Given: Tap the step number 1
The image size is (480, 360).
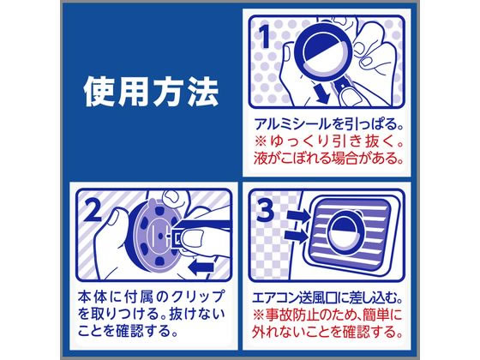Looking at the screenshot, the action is pos(265,37).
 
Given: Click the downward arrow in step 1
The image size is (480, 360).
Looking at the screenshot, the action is pos(321,94).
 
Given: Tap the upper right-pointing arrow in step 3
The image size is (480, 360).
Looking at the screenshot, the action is pos(298,217).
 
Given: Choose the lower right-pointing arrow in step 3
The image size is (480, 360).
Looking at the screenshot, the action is pos(296,236).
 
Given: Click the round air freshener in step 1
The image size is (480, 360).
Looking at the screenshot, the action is pos(324,52).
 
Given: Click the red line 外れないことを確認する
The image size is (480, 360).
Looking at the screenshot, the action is pos(327,333).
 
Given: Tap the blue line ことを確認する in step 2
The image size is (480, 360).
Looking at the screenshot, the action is pos(128,331).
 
